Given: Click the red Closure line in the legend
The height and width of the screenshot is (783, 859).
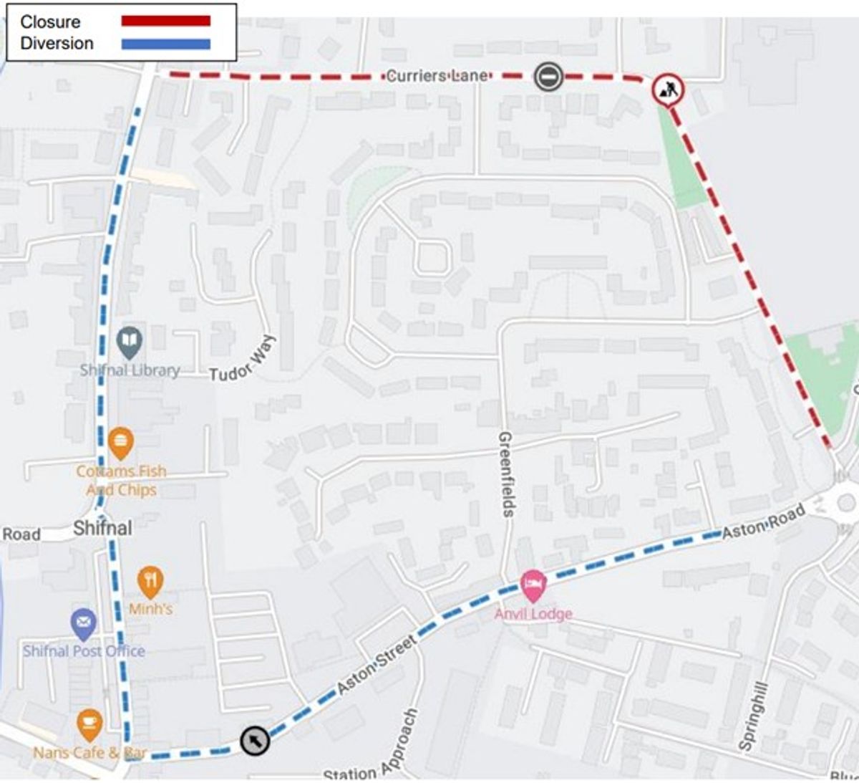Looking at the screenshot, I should (x=165, y=21).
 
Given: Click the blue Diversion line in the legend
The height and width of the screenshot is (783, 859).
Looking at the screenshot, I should (x=165, y=44).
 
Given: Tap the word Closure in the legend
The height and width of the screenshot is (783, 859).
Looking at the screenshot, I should (x=50, y=21).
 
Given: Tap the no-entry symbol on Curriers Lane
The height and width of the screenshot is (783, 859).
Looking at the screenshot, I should (x=548, y=77).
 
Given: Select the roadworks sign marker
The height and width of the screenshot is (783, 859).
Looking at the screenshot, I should (x=668, y=90).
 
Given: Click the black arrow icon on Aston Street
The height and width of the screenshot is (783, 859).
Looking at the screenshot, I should (x=255, y=740).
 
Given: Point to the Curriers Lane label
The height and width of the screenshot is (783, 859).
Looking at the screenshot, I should (x=437, y=76).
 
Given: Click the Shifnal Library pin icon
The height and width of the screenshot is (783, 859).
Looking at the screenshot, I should (x=130, y=342).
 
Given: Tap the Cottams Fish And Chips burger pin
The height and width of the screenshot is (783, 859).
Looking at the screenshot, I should (x=120, y=443).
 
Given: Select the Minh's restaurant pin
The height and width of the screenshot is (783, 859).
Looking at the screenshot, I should (x=150, y=581).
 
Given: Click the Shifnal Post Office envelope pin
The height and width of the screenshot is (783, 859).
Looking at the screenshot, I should (x=84, y=623).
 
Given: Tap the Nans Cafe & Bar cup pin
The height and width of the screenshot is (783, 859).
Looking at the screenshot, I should (x=89, y=724).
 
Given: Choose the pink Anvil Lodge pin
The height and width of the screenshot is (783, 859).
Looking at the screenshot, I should (x=533, y=586).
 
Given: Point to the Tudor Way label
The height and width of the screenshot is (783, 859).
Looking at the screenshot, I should (x=243, y=359).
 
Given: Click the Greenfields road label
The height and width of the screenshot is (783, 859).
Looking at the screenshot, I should (x=506, y=474).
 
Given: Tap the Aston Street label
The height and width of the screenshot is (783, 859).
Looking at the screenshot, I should (x=377, y=664).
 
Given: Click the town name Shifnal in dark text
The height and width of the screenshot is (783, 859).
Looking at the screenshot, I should (x=102, y=529).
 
